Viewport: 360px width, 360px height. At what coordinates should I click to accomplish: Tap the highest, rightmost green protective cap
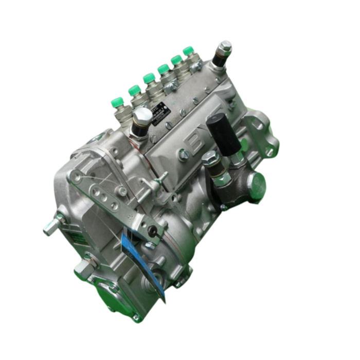tap(188, 50)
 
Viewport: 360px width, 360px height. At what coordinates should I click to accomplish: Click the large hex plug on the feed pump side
tap(256, 182)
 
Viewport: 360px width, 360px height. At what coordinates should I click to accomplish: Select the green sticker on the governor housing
tap(76, 236)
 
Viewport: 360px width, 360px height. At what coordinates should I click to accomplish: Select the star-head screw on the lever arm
tap(122, 191)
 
